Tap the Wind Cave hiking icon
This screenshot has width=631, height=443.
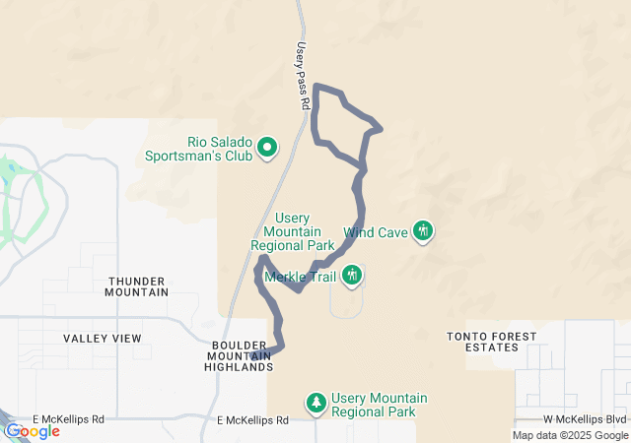pos(423,231)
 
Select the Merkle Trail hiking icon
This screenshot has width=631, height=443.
pos(352,275)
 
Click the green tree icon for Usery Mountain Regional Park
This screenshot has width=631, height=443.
pos(316,402)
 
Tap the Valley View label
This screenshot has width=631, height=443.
pos(103,338)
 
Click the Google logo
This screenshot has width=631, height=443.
pos(32,431)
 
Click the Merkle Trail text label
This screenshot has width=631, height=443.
pos(302,276)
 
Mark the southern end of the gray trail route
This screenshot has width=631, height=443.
pos(255,355)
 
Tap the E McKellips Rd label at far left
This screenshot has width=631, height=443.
pos(69,418)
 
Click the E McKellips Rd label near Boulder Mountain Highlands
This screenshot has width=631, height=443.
pos(253,419)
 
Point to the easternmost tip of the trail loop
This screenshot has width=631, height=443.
pos(381,127)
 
